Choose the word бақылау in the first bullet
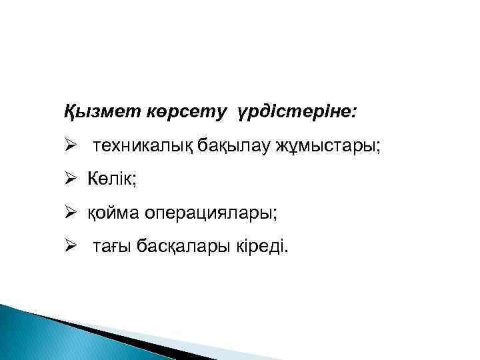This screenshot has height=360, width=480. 227,145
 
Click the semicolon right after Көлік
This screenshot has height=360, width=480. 135,181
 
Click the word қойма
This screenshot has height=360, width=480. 111,214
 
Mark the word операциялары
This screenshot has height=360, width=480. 207,214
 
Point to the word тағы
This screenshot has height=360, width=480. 111,249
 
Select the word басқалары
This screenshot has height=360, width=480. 177,249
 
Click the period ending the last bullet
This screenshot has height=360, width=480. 287,253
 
